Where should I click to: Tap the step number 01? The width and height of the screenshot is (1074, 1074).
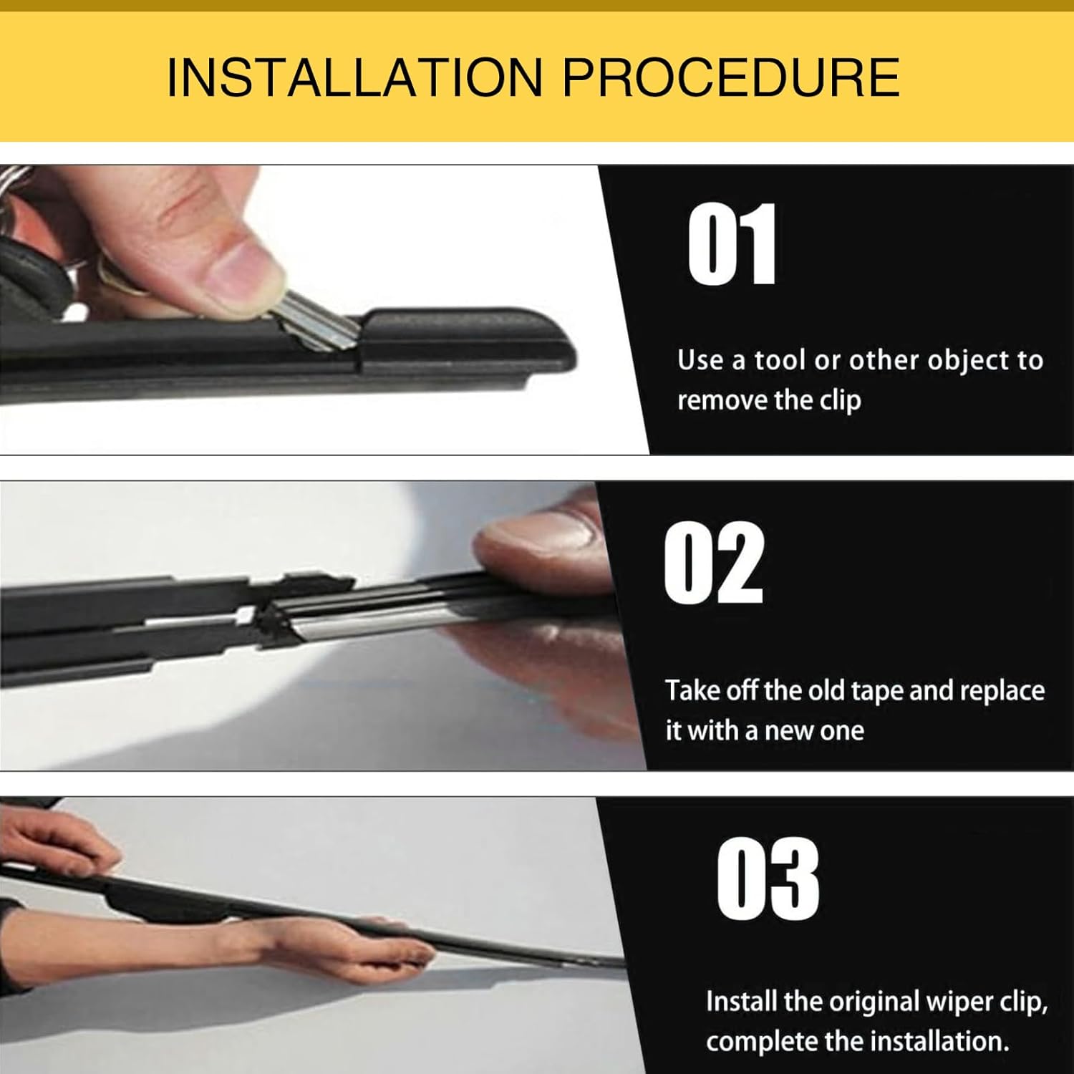pos(731,243)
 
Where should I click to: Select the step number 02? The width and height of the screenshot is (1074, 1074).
pos(713,563)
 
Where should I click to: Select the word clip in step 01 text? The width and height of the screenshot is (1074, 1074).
pos(840,401)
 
